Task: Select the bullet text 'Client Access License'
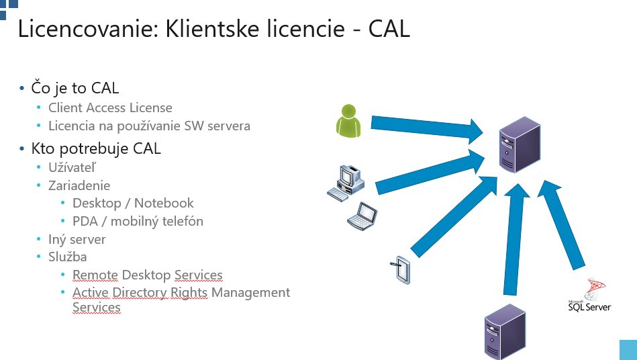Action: pyautogui.click(x=110, y=107)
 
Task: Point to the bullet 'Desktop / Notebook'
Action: pyautogui.click(x=133, y=203)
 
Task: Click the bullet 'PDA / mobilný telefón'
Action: pyautogui.click(x=138, y=221)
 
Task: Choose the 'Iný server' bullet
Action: pyautogui.click(x=77, y=239)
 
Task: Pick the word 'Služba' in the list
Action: pyautogui.click(x=67, y=257)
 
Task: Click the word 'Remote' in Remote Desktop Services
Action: pyautogui.click(x=95, y=275)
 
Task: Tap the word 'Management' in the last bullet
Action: pyautogui.click(x=250, y=292)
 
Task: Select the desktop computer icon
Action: pyautogui.click(x=346, y=181)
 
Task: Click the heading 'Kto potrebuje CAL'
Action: pyautogui.click(x=96, y=148)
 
